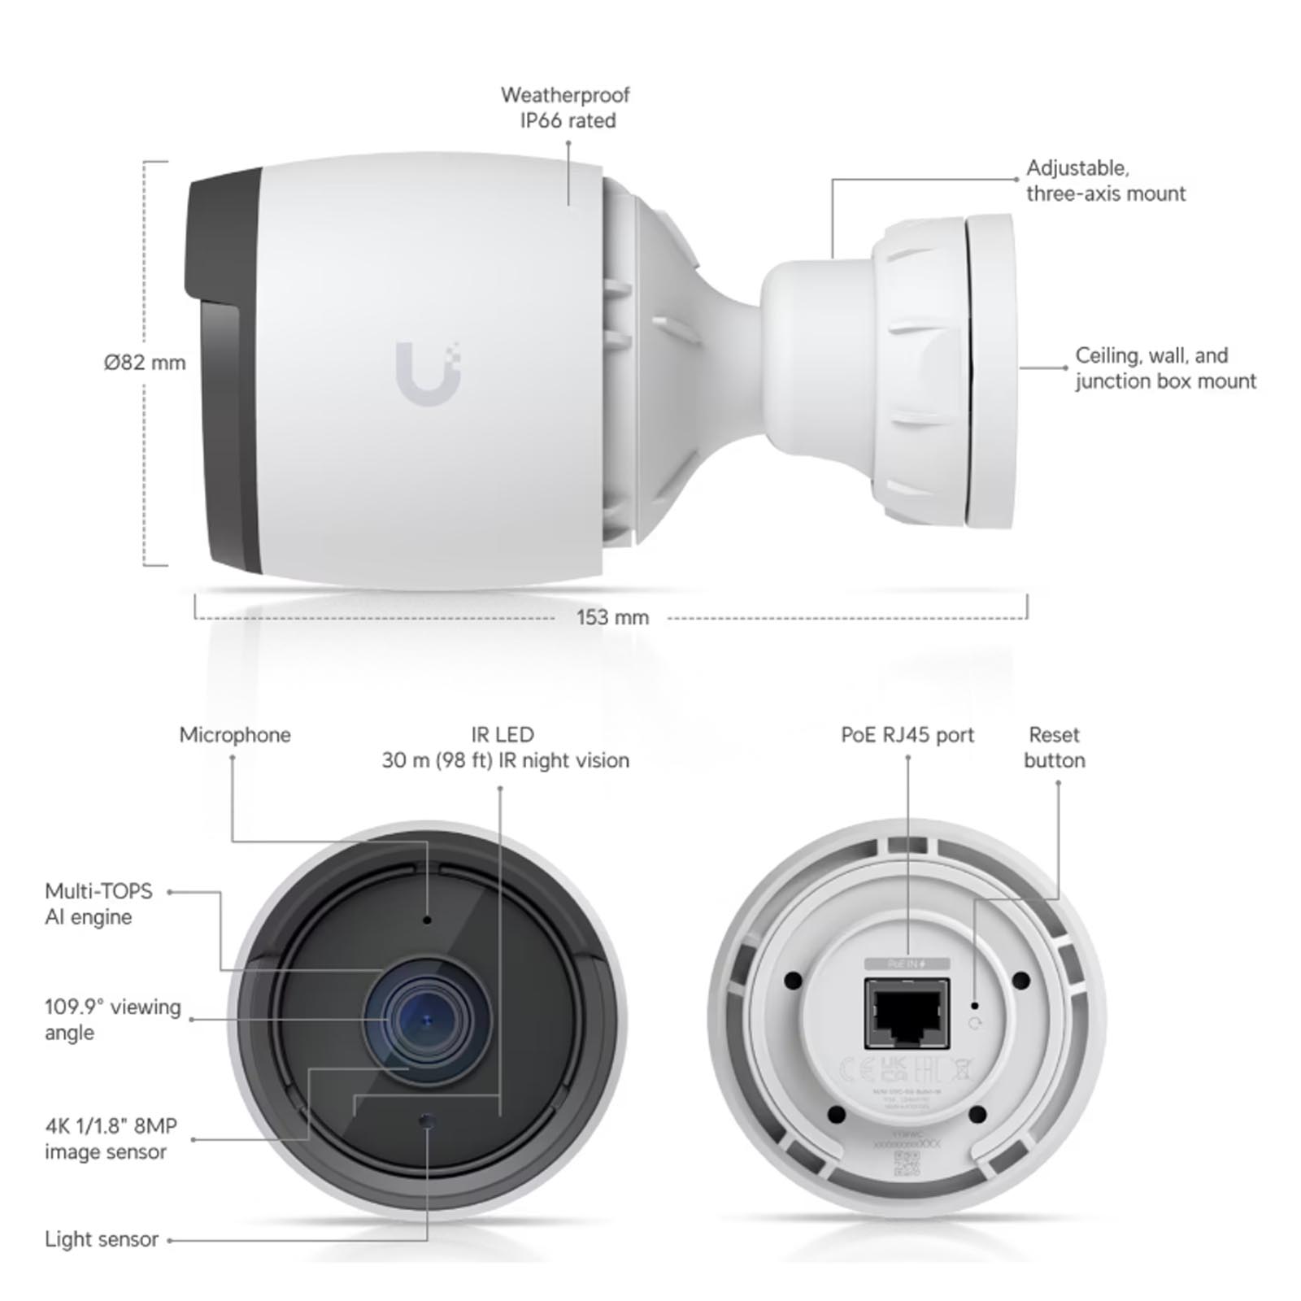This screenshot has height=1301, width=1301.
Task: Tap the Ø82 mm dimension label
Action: [145, 363]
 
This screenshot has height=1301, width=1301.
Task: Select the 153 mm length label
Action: [612, 617]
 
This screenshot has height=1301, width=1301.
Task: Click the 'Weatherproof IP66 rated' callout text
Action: [566, 107]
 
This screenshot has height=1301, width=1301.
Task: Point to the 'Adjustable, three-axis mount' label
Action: [1105, 181]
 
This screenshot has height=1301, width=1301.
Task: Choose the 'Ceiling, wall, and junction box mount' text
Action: [1164, 368]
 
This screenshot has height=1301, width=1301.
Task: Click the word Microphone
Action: [235, 735]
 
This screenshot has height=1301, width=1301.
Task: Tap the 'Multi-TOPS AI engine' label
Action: [98, 904]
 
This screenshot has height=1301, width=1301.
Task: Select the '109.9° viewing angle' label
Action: [112, 1020]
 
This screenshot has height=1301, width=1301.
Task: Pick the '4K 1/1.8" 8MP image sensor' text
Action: [111, 1138]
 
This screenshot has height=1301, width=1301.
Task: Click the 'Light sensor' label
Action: [102, 1239]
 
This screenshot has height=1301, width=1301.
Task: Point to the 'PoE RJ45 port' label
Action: [907, 735]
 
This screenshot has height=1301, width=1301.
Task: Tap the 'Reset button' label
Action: [1054, 747]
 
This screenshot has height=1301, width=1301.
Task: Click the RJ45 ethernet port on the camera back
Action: [907, 1014]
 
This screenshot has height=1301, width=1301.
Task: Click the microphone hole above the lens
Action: [427, 920]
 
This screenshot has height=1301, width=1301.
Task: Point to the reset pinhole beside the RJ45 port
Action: [975, 1007]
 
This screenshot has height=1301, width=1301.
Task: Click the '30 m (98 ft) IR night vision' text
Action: [505, 760]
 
